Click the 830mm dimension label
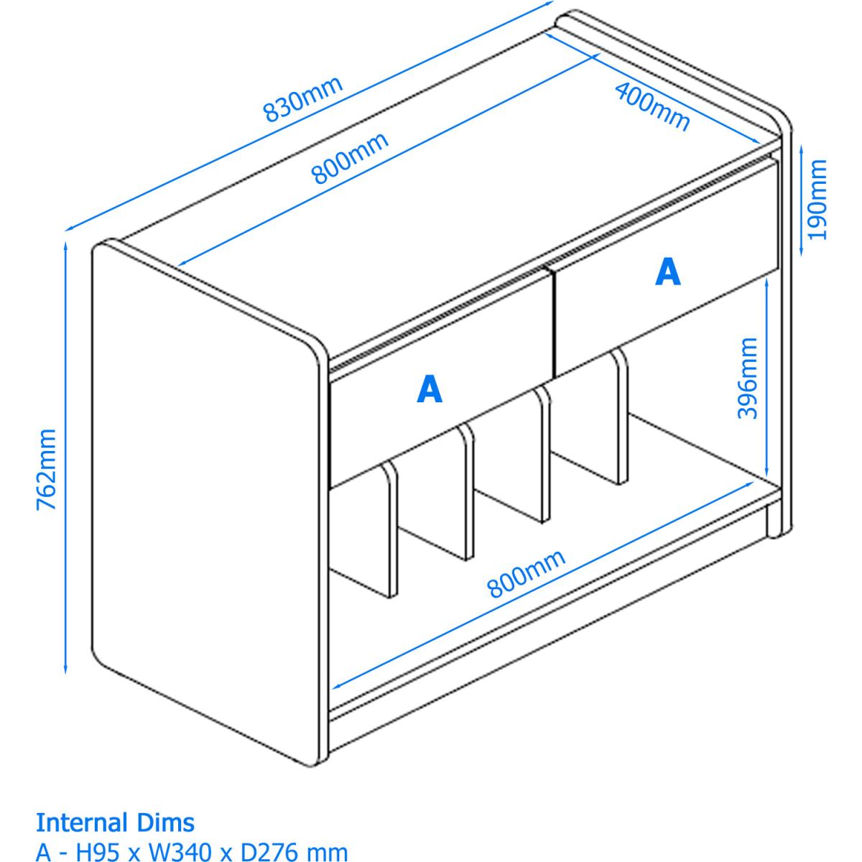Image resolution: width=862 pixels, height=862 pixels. pos(303,99)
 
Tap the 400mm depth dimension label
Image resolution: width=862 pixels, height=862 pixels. pos(653,107)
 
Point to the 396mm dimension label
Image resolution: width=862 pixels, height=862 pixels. pos(748,378)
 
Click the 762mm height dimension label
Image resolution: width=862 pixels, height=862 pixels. pos(46,469)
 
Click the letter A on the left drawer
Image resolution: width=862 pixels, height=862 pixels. pos(430,389)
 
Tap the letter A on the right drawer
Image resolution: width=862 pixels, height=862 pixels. pos(668,272)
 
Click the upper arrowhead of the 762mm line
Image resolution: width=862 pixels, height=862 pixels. pos(66,247)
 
